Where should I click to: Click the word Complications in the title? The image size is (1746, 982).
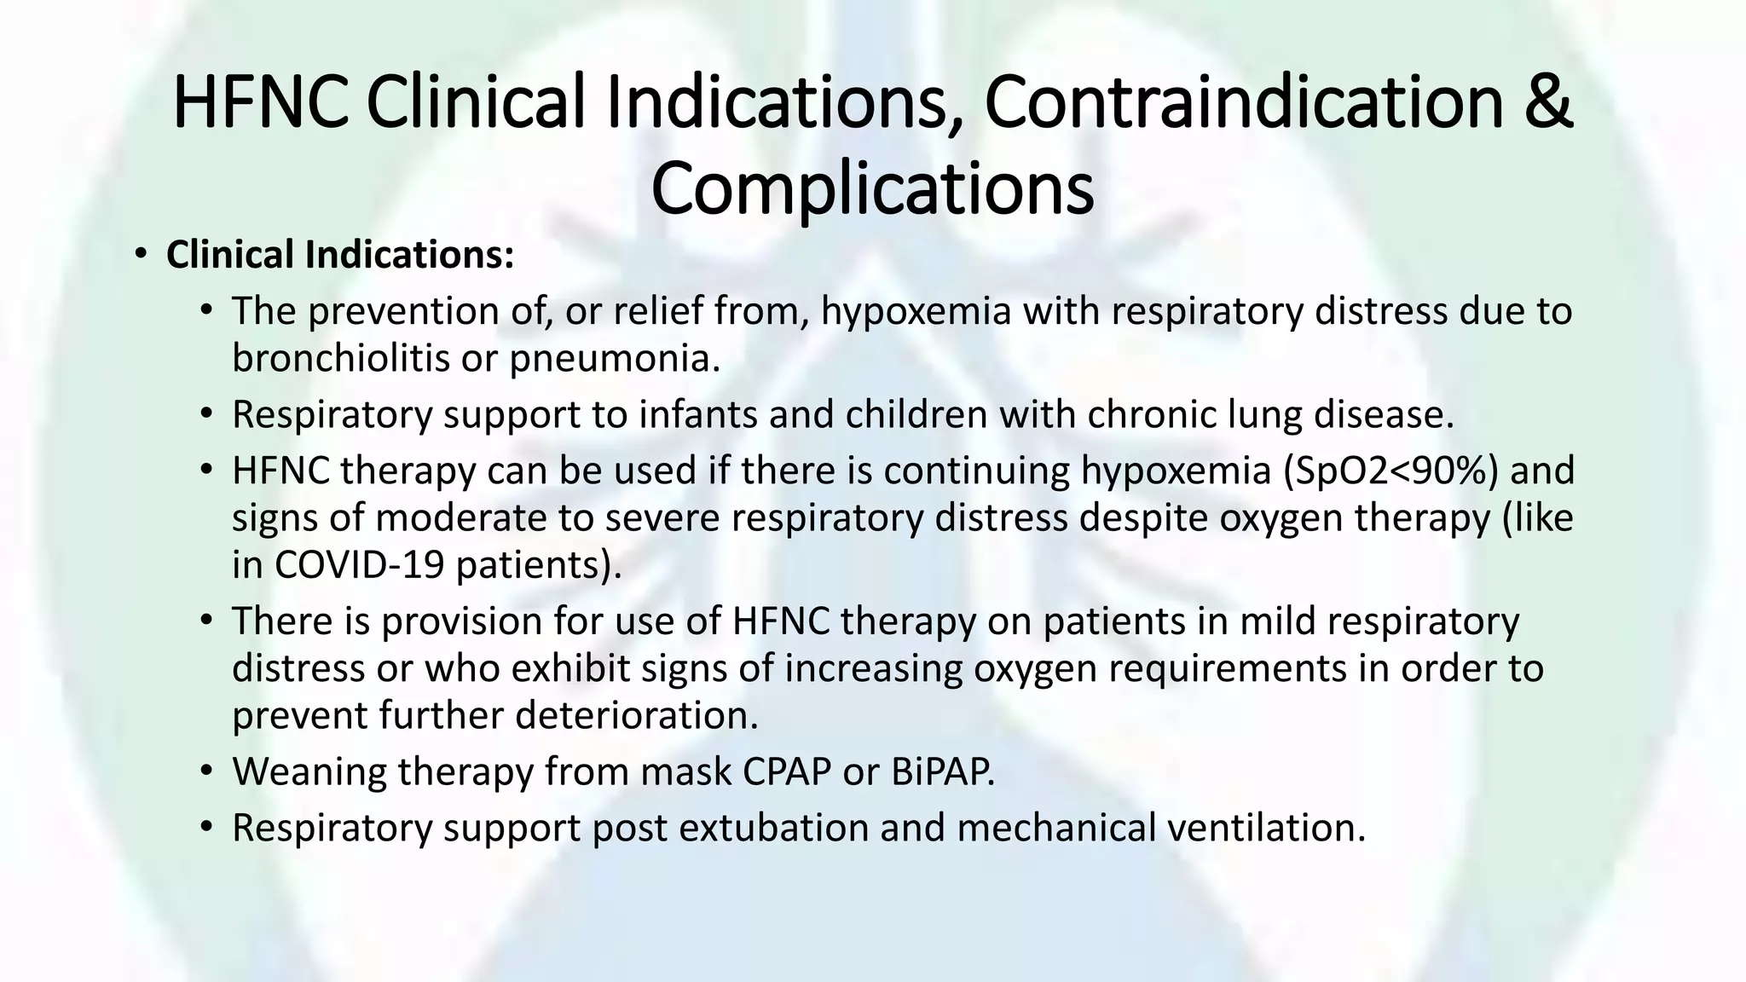pos(872,189)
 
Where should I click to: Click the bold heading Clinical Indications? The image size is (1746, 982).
pos(340,255)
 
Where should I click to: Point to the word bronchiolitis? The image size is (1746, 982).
pos(340,359)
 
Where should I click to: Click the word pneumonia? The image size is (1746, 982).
pos(615,359)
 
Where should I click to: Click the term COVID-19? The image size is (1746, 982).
pos(360,565)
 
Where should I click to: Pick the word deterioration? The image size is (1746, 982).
pos(636,715)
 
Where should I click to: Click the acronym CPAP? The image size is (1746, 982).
pos(786,771)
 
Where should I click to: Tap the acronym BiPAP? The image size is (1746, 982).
pos(943,771)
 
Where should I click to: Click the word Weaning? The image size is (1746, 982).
pos(309,771)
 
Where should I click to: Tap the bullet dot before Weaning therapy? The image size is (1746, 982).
pos(205,771)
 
